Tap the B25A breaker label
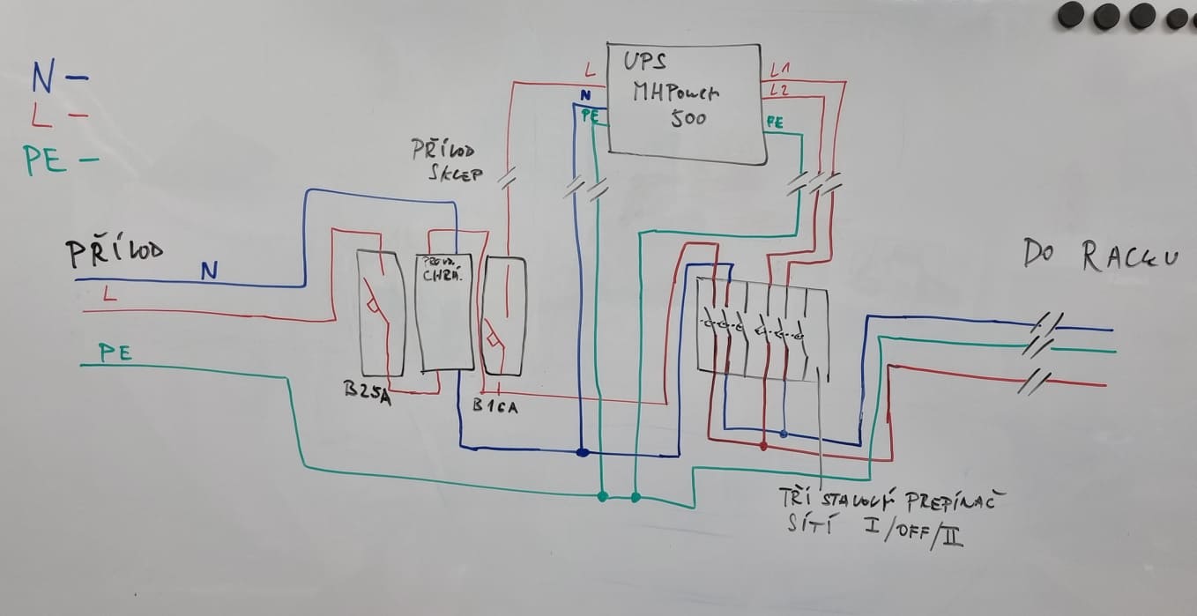coord(367,390)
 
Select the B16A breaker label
coord(495,406)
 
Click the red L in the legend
coord(41,115)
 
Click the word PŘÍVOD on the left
coord(115,253)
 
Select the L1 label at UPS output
coord(780,70)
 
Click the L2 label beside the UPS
coord(779,90)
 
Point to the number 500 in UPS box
coord(688,118)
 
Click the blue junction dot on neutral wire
coord(582,453)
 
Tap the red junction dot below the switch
coord(763,445)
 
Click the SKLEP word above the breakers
coord(456,174)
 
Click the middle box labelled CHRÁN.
coord(443,313)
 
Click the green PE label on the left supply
coord(115,353)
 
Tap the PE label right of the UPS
coord(775,122)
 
